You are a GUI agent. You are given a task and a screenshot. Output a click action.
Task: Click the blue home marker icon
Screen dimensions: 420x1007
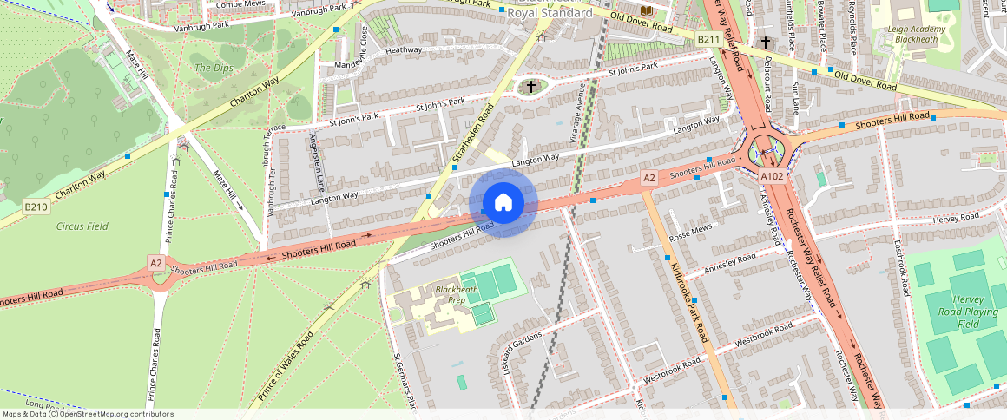tap(503, 203)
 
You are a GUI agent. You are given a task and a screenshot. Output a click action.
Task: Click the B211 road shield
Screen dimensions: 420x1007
tap(709, 40)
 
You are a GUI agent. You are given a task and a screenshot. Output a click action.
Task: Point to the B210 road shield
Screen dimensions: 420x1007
tap(36, 207)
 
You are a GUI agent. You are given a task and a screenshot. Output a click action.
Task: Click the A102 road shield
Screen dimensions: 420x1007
tap(773, 176)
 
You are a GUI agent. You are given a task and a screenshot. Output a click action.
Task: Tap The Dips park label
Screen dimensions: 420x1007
tap(213, 68)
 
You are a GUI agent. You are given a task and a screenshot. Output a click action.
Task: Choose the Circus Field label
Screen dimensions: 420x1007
tap(82, 226)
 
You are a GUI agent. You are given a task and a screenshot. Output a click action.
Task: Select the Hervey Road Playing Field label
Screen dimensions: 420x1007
tap(968, 312)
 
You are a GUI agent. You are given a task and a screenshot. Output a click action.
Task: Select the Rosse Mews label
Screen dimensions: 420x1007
tap(690, 231)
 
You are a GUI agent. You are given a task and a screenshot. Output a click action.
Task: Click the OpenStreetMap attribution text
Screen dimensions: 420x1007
tap(88, 414)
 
